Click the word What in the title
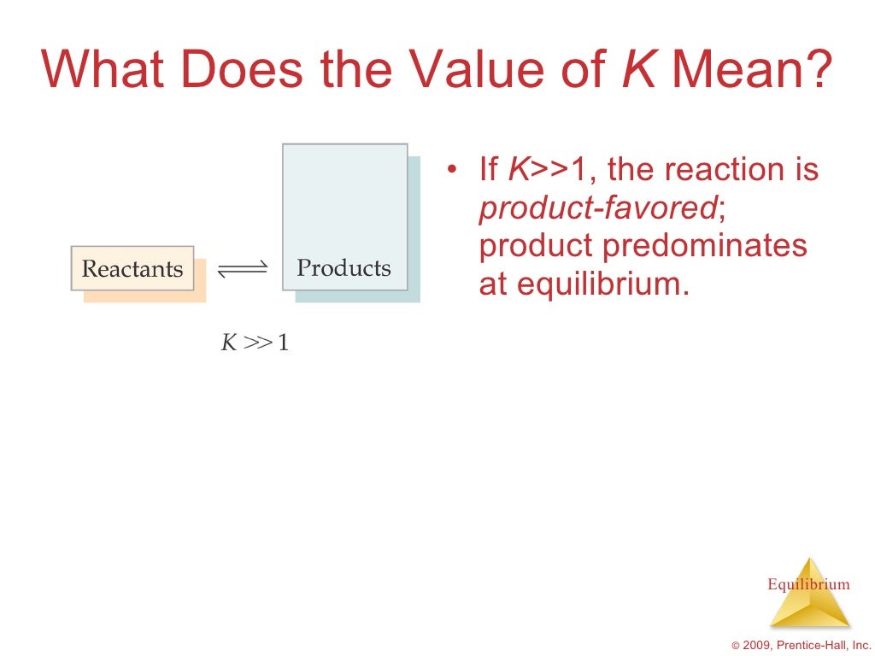103,69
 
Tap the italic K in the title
637,69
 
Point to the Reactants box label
132,269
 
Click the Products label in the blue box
344,268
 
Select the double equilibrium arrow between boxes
243,269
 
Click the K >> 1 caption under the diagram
255,343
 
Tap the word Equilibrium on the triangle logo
808,584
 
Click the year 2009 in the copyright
757,645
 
